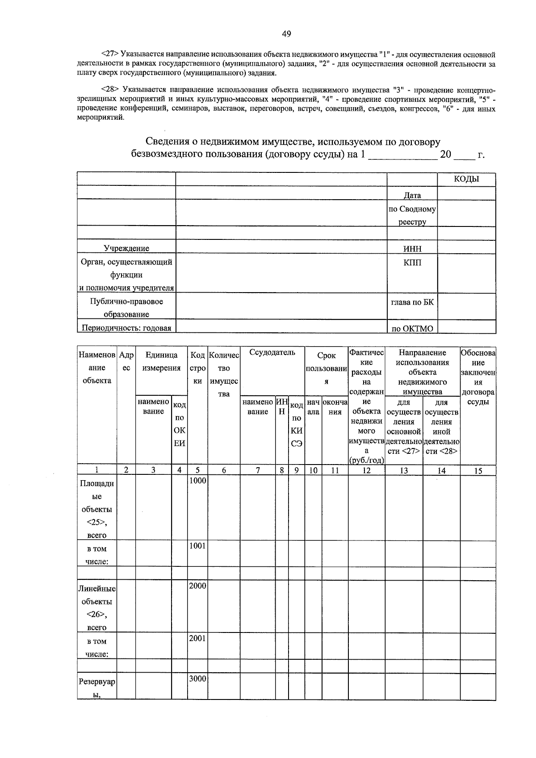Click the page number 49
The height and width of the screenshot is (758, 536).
286,34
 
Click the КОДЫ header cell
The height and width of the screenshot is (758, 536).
466,179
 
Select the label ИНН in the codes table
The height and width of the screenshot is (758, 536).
412,249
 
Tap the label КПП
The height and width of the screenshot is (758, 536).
412,262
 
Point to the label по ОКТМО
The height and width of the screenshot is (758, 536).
412,329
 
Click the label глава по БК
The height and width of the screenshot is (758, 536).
412,302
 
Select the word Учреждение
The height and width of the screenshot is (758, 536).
126,248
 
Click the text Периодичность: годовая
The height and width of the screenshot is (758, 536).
126,328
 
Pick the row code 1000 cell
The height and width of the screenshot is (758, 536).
197,481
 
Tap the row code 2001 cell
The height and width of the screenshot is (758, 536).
197,638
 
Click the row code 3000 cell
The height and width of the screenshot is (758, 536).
197,678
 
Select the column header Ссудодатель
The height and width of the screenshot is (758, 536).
272,352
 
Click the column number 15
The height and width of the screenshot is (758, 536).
478,470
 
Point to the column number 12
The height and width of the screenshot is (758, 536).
366,470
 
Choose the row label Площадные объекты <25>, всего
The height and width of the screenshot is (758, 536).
97,509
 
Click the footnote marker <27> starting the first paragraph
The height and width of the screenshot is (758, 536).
110,54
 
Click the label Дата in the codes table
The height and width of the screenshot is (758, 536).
412,195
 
